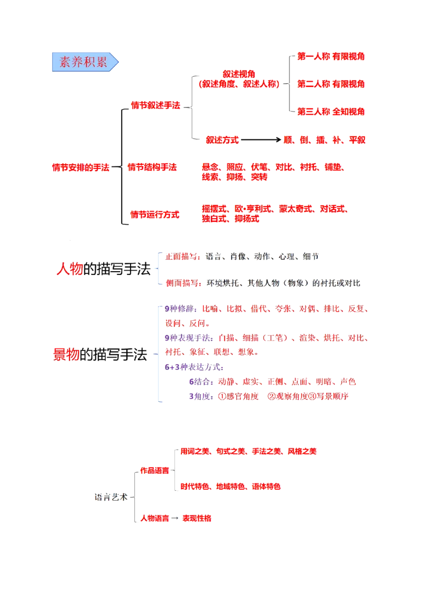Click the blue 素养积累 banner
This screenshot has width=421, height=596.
[x=85, y=62]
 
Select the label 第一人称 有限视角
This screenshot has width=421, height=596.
[x=330, y=57]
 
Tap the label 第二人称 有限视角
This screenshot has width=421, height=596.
[x=330, y=84]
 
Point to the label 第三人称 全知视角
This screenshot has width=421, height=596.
[x=330, y=112]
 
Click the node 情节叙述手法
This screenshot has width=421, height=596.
[x=155, y=105]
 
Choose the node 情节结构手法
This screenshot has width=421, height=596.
[x=152, y=167]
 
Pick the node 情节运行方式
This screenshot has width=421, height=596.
[x=155, y=215]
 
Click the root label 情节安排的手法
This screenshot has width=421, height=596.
[x=81, y=167]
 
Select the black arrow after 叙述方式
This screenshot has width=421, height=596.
[x=261, y=140]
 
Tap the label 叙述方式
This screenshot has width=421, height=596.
[x=222, y=140]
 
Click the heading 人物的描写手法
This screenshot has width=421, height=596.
[x=104, y=269]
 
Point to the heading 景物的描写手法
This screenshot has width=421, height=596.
[x=100, y=354]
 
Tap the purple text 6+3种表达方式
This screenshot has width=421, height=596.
[x=193, y=367]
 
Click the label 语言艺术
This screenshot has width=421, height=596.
[x=111, y=497]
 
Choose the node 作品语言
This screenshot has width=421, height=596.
[x=155, y=471]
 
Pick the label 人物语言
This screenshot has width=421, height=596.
[x=155, y=518]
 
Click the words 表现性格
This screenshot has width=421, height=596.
[x=197, y=518]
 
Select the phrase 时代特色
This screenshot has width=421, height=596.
[x=195, y=486]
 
